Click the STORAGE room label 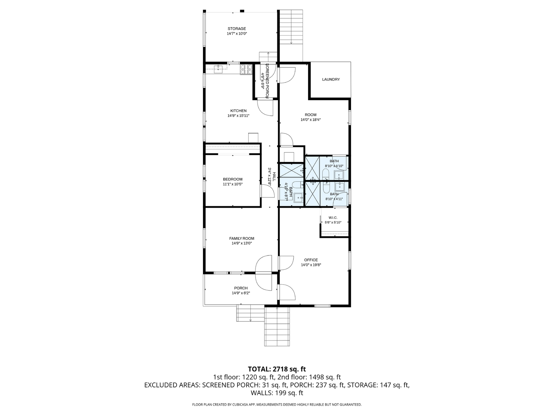[237, 29]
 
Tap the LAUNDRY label [331, 79]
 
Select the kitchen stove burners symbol [246, 70]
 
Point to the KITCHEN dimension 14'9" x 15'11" [239, 116]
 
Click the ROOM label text [311, 115]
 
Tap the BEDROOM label [232, 179]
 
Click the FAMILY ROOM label [242, 239]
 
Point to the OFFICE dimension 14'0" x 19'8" [311, 265]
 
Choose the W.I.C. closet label [333, 218]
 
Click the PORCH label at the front [241, 288]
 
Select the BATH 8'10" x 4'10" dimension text [334, 166]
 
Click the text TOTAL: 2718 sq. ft [277, 369]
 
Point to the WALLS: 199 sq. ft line [277, 393]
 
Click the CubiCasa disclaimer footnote [277, 404]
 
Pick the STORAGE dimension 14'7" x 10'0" [237, 34]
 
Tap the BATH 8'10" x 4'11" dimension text [334, 199]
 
